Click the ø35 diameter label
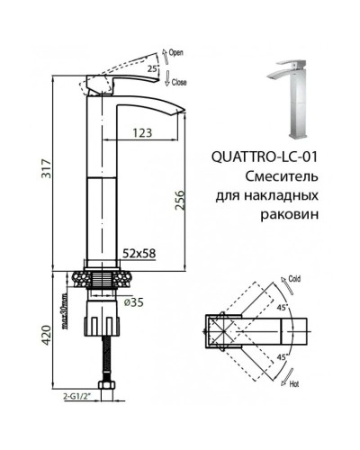131,302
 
